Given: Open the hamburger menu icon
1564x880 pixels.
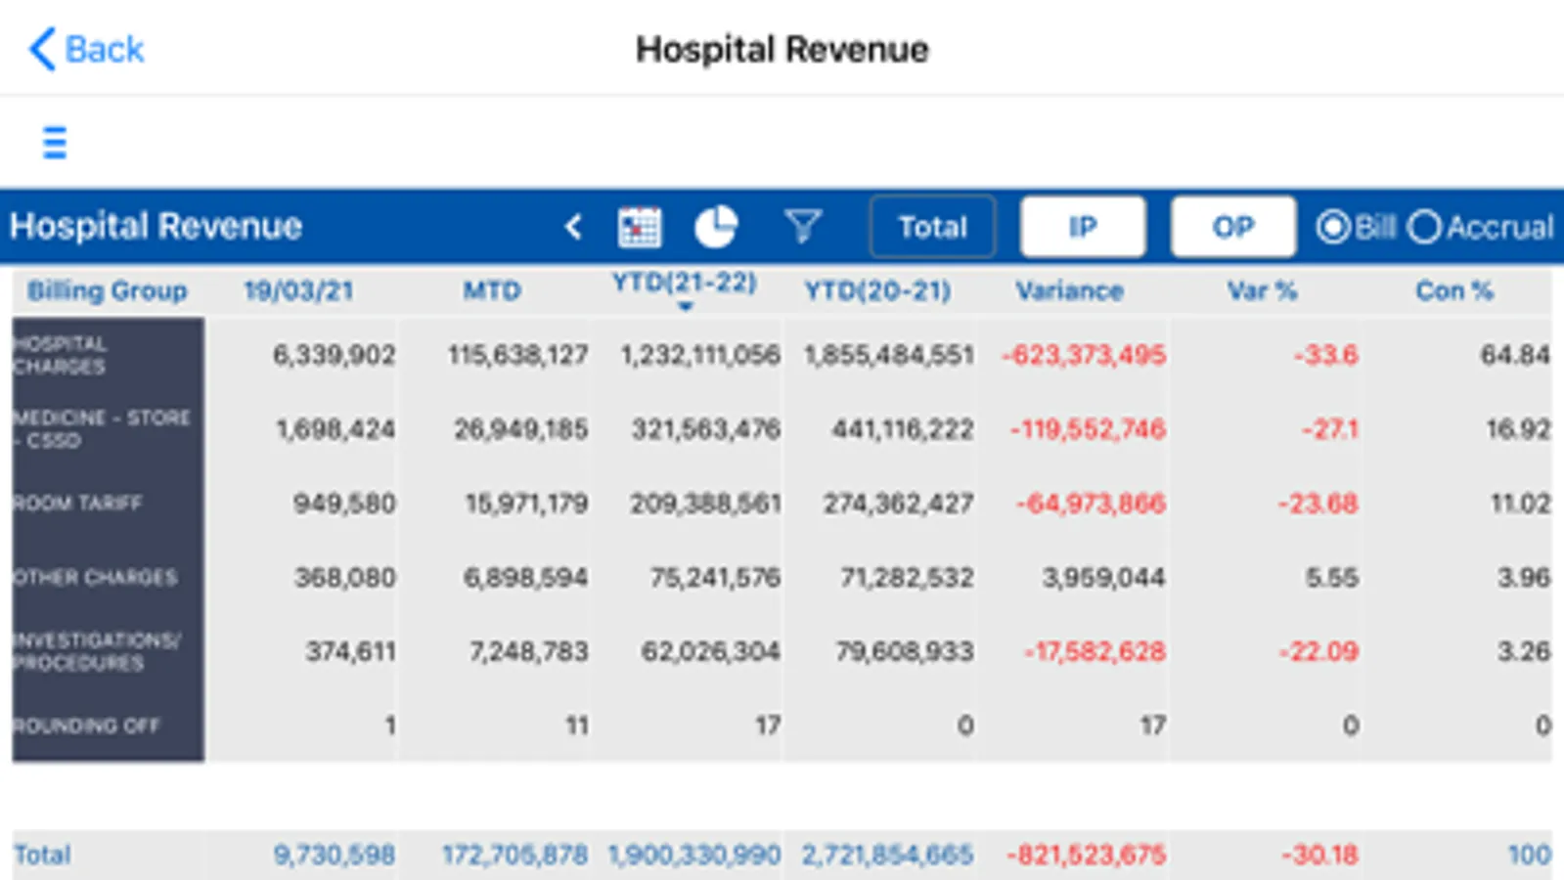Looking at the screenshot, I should click(55, 143).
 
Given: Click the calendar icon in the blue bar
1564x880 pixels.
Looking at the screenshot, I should click(640, 227).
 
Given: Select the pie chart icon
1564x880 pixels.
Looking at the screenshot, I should click(716, 227).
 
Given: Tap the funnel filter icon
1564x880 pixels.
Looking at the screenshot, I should click(802, 227).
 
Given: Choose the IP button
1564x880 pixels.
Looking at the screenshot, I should click(1082, 227).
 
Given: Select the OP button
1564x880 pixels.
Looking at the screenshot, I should click(1232, 227).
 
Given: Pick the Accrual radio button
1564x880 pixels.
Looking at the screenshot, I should click(1425, 227).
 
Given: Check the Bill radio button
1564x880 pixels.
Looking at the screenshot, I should click(1332, 227).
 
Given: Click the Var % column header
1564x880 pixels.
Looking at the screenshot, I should click(1262, 290).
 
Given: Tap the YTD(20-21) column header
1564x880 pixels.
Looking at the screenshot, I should click(877, 290).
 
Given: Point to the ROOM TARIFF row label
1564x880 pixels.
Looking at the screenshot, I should click(78, 504).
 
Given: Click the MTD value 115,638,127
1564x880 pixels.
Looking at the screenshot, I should click(518, 355).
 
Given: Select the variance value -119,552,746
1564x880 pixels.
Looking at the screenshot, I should click(1088, 429).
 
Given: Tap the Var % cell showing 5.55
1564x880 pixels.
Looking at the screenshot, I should click(1331, 578).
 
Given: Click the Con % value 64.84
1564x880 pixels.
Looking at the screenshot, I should click(1514, 355).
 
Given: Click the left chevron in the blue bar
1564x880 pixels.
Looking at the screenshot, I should click(573, 227).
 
